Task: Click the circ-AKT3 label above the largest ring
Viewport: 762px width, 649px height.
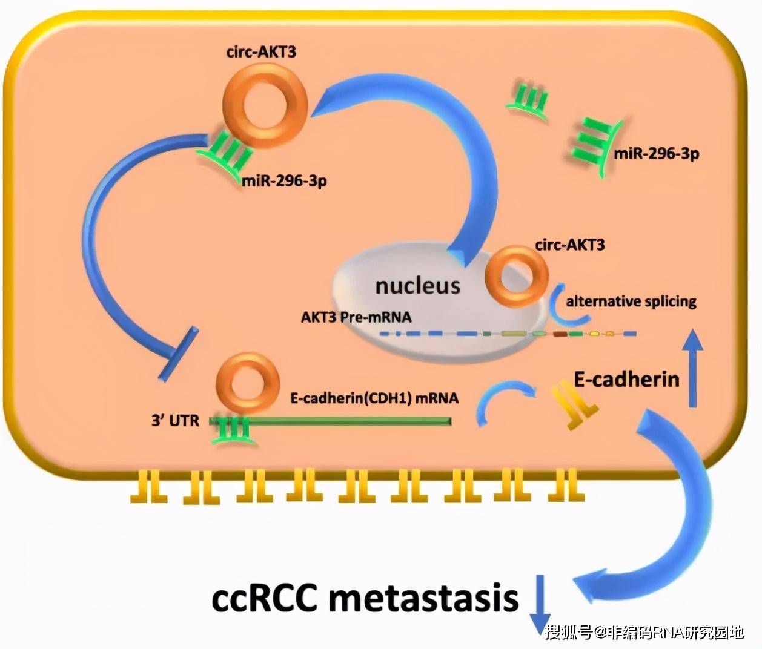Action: [261, 51]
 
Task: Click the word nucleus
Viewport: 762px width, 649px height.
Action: [418, 285]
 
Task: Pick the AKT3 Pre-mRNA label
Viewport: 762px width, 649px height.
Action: [356, 317]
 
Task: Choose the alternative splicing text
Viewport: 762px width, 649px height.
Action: [631, 301]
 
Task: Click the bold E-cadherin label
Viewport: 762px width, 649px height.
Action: [626, 380]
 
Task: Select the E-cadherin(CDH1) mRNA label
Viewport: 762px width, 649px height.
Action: [374, 398]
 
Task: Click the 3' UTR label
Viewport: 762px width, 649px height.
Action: [175, 420]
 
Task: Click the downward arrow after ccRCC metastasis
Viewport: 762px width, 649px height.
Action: [538, 605]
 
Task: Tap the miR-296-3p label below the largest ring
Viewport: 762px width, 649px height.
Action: [285, 180]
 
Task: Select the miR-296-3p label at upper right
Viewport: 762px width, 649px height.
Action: [657, 153]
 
